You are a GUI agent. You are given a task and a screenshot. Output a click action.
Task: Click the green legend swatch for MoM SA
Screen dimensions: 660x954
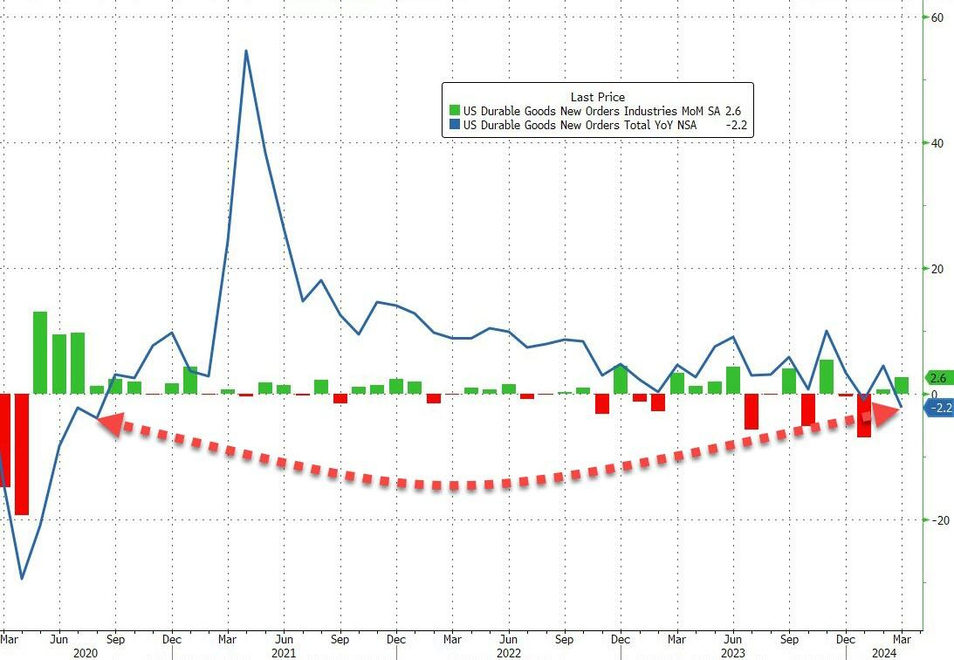coord(454,112)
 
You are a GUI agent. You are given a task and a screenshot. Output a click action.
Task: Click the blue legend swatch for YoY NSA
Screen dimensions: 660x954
coord(454,126)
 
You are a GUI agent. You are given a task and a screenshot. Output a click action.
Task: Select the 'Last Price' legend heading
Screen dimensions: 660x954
coord(597,97)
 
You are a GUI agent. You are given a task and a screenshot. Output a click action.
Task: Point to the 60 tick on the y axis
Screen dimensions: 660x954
coord(936,17)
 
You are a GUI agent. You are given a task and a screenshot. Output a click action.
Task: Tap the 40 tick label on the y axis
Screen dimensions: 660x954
coord(936,143)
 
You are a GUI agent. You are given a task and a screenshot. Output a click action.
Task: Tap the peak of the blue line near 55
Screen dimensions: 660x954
coord(246,51)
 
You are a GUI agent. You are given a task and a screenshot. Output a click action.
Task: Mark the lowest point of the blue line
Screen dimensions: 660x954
coord(22,578)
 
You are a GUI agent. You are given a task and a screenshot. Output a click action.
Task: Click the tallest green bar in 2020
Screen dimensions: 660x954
coord(40,352)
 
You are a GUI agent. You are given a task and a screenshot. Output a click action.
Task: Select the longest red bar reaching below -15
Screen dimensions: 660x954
coord(22,454)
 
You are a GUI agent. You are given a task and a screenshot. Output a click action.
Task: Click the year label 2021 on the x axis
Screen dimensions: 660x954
coord(284,652)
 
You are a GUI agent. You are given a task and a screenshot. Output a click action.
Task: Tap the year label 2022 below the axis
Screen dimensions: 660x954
coord(509,652)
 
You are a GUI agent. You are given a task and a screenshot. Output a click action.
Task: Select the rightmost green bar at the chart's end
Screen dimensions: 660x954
coord(902,385)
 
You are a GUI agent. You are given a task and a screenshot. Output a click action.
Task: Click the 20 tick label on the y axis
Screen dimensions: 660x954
coord(936,269)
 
